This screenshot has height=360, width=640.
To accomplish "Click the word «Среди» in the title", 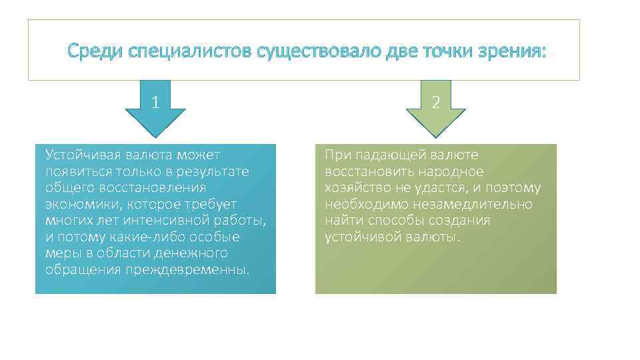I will point(89,51).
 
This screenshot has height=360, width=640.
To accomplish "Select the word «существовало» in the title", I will point(310,51).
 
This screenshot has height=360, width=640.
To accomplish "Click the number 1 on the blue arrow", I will point(155,103).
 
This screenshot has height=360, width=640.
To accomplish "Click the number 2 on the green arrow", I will point(435,103).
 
